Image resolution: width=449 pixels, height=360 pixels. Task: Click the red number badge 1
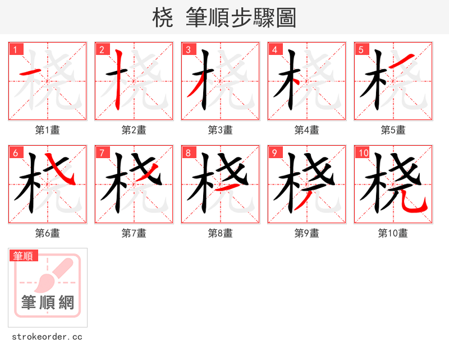pyautogui.click(x=15, y=49)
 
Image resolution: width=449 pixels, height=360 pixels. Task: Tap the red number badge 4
pyautogui.click(x=274, y=49)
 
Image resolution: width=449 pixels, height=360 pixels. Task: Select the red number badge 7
pyautogui.click(x=102, y=153)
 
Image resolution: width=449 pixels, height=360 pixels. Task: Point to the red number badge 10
pyautogui.click(x=363, y=153)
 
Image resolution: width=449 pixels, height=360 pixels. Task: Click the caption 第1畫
pyautogui.click(x=47, y=130)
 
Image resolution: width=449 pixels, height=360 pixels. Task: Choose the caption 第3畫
pyautogui.click(x=220, y=130)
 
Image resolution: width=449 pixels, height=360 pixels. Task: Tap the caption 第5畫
pyautogui.click(x=393, y=130)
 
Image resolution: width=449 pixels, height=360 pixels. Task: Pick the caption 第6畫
pyautogui.click(x=47, y=233)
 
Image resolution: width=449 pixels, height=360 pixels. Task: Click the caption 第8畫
pyautogui.click(x=220, y=233)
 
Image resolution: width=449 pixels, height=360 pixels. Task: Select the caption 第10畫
pyautogui.click(x=393, y=233)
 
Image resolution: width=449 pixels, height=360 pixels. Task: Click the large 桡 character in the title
pyautogui.click(x=162, y=19)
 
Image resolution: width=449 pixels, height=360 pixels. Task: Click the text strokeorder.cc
pyautogui.click(x=47, y=337)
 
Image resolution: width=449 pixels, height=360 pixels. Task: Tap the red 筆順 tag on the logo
pyautogui.click(x=24, y=256)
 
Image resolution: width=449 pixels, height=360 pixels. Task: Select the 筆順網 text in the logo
pyautogui.click(x=48, y=303)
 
